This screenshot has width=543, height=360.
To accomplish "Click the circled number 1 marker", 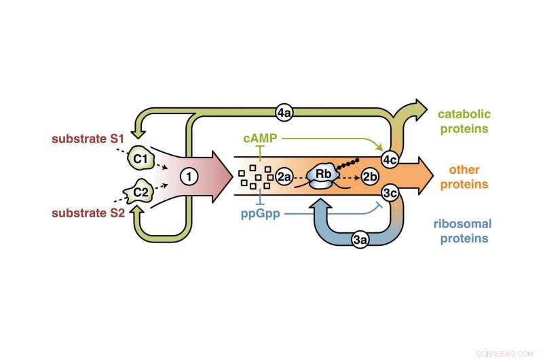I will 189,176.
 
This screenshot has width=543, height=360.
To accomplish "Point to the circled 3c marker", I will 389,193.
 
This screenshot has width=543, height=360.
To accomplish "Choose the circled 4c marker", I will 389,160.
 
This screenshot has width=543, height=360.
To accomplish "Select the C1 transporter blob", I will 141,157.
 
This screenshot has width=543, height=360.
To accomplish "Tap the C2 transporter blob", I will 141,192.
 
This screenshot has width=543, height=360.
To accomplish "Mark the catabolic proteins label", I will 464,121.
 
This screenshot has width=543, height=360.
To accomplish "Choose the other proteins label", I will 464,177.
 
